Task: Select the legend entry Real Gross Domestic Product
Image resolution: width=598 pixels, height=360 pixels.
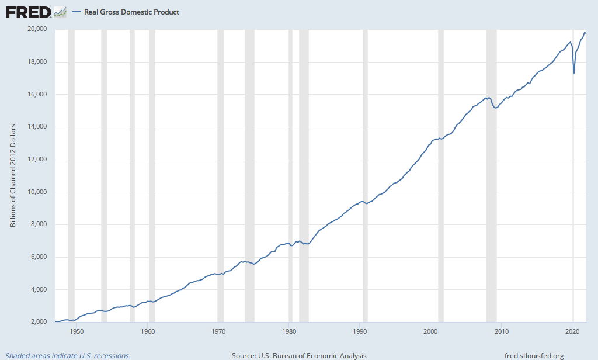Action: click(131, 12)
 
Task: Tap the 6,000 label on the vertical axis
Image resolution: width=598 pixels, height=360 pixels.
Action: click(39, 257)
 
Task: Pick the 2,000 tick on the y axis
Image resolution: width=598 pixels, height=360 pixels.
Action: click(39, 322)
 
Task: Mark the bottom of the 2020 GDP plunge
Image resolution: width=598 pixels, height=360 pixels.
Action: click(574, 73)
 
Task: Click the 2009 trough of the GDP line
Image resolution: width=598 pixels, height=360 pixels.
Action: click(496, 108)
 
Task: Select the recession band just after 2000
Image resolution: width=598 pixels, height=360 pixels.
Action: click(440, 175)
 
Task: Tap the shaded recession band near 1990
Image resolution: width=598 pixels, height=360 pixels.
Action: click(365, 175)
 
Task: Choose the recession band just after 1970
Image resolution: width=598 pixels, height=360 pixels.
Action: click(221, 175)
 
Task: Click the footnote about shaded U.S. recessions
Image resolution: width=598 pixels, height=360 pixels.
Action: click(68, 355)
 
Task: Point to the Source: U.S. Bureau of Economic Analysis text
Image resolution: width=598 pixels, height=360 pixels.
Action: click(299, 355)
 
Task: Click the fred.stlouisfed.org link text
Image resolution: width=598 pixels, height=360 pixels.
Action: click(534, 355)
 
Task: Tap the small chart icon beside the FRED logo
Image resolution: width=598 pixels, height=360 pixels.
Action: click(60, 12)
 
